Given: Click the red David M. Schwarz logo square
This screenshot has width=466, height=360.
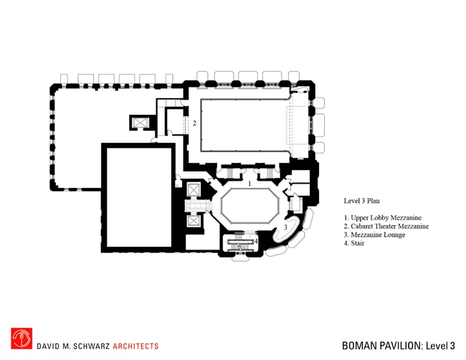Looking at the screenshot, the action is [22, 338].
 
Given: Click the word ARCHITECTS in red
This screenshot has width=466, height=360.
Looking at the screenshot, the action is [135, 346].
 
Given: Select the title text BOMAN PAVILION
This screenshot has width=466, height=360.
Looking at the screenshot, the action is [381, 346].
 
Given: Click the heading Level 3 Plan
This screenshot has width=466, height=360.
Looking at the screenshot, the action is [361, 201].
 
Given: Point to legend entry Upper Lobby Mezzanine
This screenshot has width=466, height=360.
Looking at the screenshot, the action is [383, 218].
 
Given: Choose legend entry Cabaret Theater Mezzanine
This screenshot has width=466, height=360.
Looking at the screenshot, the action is [386, 226].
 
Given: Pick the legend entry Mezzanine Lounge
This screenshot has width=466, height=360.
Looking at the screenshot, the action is [374, 235].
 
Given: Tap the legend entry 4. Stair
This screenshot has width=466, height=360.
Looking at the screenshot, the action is [354, 243].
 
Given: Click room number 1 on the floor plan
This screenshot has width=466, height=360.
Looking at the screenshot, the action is [249, 184].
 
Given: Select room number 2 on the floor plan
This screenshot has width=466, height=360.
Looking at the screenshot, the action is [194, 123].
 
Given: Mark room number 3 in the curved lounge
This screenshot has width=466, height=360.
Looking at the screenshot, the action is [285, 227].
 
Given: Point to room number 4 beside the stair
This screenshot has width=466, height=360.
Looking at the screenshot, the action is [256, 242].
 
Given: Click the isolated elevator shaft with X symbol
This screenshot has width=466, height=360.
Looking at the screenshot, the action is [140, 123].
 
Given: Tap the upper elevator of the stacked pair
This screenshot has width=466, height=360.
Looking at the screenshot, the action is [193, 189].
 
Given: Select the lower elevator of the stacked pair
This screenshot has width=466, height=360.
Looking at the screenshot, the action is [193, 221].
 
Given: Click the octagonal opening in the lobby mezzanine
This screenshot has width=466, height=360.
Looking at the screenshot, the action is [249, 206].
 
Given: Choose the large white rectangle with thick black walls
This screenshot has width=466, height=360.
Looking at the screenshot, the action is [139, 198].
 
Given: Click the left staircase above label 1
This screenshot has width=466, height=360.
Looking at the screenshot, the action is [231, 173].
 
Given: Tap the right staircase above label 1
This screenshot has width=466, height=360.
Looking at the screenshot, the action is [268, 173].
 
